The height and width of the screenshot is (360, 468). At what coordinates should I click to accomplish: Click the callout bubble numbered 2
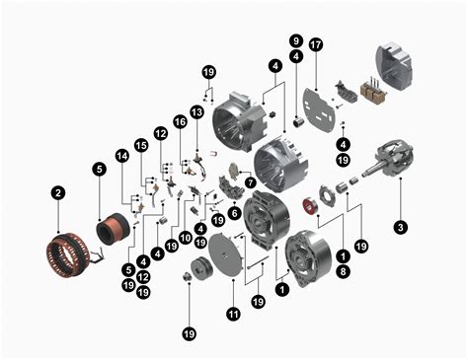point(58,192)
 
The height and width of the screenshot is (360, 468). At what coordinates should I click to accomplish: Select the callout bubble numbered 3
point(400,227)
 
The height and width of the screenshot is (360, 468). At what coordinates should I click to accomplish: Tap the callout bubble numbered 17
point(316,45)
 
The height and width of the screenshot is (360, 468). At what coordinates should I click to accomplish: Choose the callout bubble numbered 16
point(180,121)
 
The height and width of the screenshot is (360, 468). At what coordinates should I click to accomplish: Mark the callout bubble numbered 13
point(196,112)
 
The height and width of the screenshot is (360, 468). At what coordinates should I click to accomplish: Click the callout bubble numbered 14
point(122,156)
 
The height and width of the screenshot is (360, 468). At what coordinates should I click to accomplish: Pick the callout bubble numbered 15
point(141,145)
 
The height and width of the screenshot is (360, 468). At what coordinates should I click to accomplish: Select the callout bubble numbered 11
point(233,314)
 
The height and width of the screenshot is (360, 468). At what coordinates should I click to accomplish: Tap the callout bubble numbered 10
point(185,237)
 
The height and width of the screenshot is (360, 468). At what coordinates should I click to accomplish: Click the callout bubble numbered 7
point(250,183)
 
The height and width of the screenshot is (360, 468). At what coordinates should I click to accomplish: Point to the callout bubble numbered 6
point(234,212)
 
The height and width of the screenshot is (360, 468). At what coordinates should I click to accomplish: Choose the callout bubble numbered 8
point(343,269)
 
